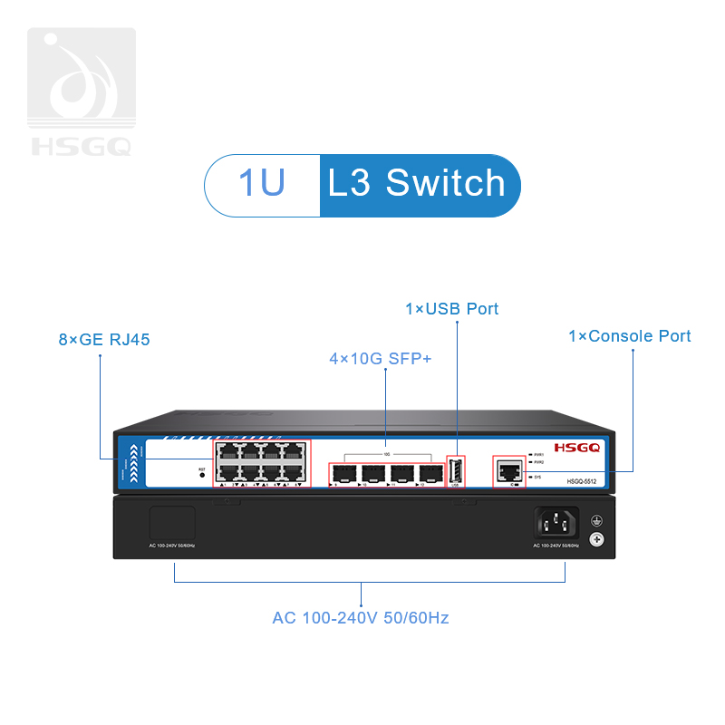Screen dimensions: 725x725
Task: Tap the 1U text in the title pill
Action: tap(262, 183)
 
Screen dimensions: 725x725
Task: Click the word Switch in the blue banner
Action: tap(445, 183)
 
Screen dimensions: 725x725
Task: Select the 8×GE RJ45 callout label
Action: tap(103, 340)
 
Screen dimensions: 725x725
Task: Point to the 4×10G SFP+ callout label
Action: tap(381, 360)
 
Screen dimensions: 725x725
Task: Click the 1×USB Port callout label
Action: tap(451, 309)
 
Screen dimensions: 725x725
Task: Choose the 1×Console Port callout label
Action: tap(629, 336)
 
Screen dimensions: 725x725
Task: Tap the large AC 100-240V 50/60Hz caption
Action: tap(361, 618)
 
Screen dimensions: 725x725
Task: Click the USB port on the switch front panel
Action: tap(456, 471)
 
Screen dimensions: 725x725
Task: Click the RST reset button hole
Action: tap(201, 474)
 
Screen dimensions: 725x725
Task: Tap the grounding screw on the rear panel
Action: tap(596, 540)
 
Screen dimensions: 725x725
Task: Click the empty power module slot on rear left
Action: tap(171, 524)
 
